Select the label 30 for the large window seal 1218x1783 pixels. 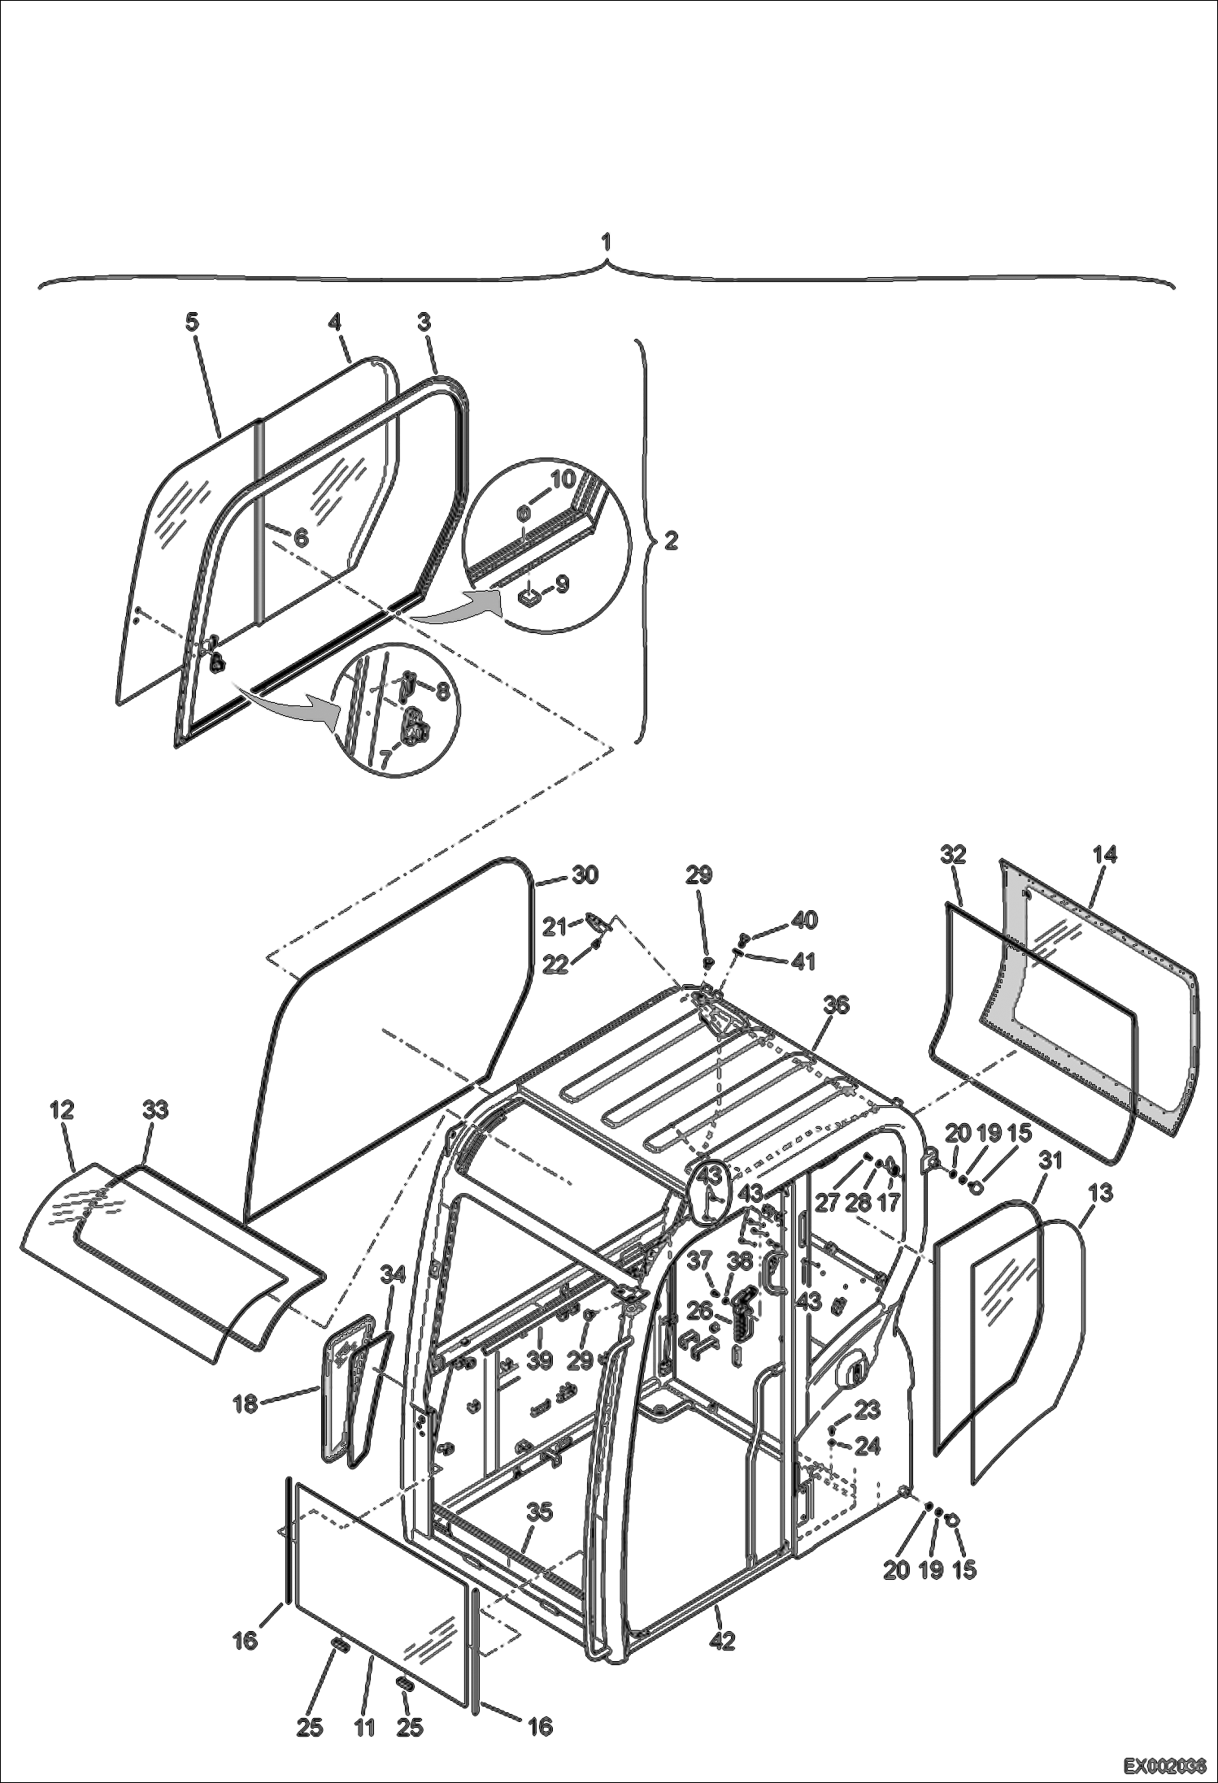click(585, 874)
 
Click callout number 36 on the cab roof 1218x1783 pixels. click(836, 1005)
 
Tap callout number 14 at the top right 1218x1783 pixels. click(1104, 854)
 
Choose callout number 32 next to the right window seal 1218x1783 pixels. click(953, 854)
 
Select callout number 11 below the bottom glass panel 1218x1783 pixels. click(364, 1726)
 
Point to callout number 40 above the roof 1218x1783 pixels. click(804, 920)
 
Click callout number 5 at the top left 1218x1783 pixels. click(191, 322)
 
